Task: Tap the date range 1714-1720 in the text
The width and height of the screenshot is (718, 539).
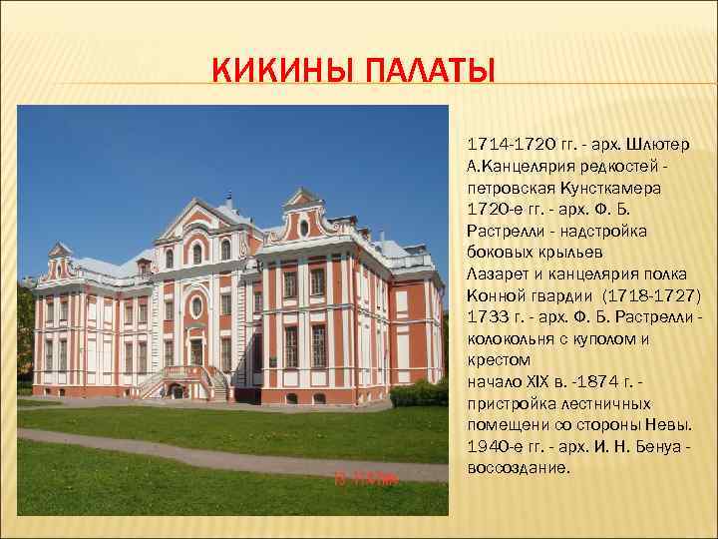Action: [504, 144]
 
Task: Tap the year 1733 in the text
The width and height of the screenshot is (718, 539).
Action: [486, 316]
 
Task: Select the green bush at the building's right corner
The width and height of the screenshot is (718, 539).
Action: [420, 394]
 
